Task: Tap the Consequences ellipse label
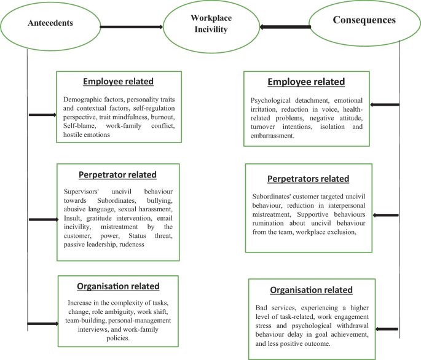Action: tap(364, 20)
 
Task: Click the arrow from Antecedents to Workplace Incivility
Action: tap(131, 27)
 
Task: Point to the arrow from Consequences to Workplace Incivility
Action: tap(285, 27)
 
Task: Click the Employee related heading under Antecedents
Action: tap(119, 81)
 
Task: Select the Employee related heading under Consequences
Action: tap(306, 82)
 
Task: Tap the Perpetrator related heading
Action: tap(118, 174)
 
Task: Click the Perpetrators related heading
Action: tap(308, 179)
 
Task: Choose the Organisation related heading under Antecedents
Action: tap(119, 286)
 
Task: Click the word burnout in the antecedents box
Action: tap(162, 116)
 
